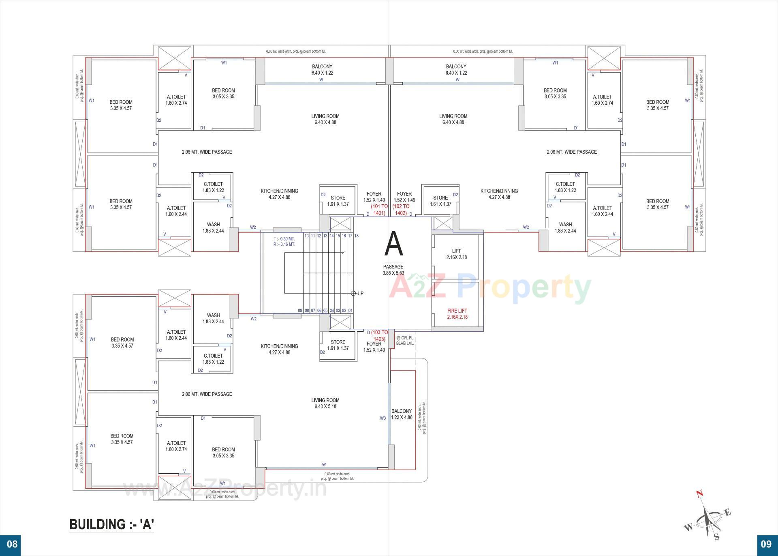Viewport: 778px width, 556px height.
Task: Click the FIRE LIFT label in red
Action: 457,314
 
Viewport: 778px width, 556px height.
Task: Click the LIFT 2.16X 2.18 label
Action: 456,254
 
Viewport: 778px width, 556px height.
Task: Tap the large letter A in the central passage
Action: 393,244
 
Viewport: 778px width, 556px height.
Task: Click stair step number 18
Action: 357,236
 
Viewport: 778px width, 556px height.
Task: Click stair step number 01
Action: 351,311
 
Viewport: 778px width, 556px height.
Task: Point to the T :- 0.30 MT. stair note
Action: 284,239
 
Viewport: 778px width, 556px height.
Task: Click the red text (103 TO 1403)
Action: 380,336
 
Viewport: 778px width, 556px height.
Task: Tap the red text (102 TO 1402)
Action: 401,210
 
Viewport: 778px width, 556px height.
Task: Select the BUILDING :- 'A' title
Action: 112,524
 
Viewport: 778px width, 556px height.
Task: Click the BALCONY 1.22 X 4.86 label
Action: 402,414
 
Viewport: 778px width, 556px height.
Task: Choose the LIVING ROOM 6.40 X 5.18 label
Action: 325,403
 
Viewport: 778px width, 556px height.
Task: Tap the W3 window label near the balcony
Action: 383,418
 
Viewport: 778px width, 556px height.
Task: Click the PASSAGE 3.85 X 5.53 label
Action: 393,270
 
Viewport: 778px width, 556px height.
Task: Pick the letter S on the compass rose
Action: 716,537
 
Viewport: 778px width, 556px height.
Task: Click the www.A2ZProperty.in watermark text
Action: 225,489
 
